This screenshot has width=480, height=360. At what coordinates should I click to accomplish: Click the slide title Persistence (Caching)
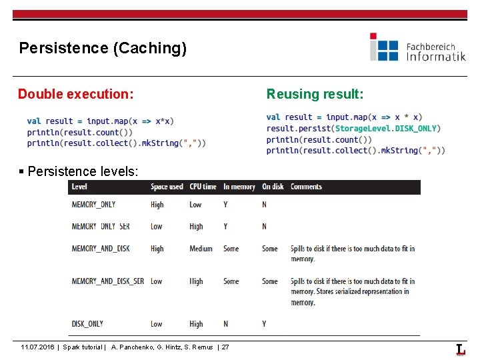[103, 48]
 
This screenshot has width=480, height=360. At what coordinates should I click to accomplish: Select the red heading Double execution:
[75, 94]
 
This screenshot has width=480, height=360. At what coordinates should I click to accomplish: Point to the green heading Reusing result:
[315, 94]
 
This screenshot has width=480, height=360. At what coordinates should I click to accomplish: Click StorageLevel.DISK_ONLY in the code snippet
[386, 128]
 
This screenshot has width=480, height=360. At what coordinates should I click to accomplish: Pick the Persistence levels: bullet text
[83, 171]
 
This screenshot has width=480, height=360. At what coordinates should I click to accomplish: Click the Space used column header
[167, 187]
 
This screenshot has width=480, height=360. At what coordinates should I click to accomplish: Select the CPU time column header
[203, 187]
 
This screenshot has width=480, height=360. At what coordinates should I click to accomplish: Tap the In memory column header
[239, 187]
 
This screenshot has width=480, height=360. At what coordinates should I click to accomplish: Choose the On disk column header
[273, 187]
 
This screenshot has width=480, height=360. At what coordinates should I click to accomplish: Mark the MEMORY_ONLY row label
[93, 205]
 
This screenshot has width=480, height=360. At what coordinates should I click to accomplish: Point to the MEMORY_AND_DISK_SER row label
[107, 281]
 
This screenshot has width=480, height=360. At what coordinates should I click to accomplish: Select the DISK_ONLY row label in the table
[87, 324]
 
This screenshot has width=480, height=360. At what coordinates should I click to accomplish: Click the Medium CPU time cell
[201, 249]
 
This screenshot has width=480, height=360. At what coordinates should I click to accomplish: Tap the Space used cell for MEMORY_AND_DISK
[157, 249]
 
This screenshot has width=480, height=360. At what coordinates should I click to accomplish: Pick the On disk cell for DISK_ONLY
[264, 324]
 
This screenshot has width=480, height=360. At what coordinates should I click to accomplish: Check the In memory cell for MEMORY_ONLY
[225, 205]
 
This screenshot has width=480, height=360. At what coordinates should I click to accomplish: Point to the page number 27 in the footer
[225, 347]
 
